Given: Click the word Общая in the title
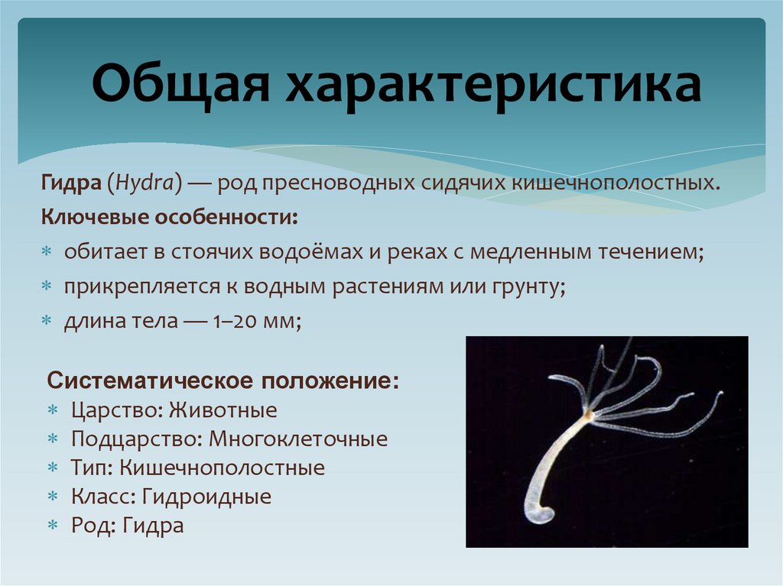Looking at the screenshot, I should click(x=181, y=86).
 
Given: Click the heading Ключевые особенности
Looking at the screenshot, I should click(x=169, y=218).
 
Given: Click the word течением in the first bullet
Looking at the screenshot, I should click(x=645, y=252).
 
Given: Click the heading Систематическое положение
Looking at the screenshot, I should click(x=223, y=380).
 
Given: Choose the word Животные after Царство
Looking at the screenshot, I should click(x=223, y=410).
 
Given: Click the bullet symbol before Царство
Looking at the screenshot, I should click(x=53, y=411).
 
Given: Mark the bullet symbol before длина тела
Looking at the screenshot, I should click(x=46, y=322).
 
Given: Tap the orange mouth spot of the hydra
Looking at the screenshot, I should click(x=587, y=414).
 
